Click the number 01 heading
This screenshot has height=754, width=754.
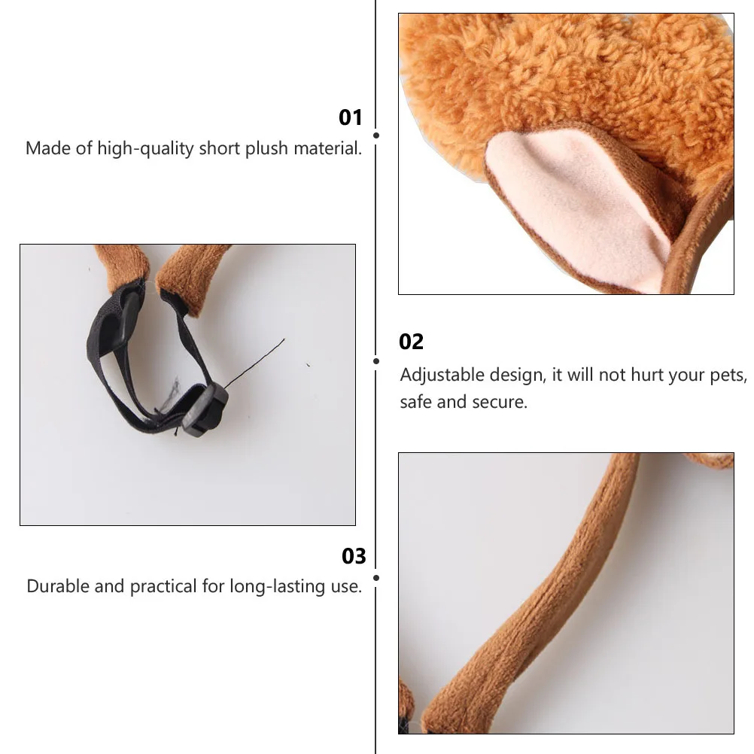tap(351, 117)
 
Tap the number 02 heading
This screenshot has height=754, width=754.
tap(412, 342)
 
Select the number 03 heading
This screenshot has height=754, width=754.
tap(354, 556)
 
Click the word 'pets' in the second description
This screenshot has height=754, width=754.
tap(729, 375)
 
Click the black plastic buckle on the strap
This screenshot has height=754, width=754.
tap(205, 409)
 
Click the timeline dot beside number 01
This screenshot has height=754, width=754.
tap(375, 135)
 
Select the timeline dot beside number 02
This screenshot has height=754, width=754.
tap(375, 361)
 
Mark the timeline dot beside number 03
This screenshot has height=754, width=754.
tap(375, 578)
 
